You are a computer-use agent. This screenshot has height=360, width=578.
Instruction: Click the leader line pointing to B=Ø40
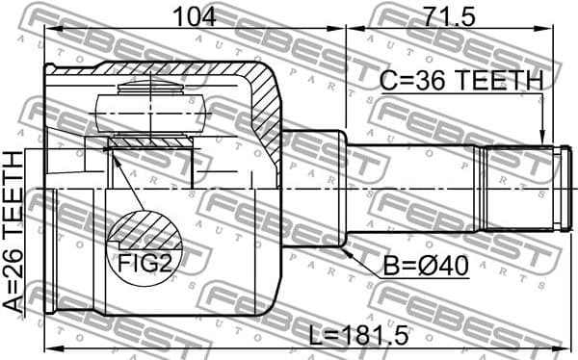[x=361, y=258]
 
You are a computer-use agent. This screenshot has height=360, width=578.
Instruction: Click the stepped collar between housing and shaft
[x=313, y=188]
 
